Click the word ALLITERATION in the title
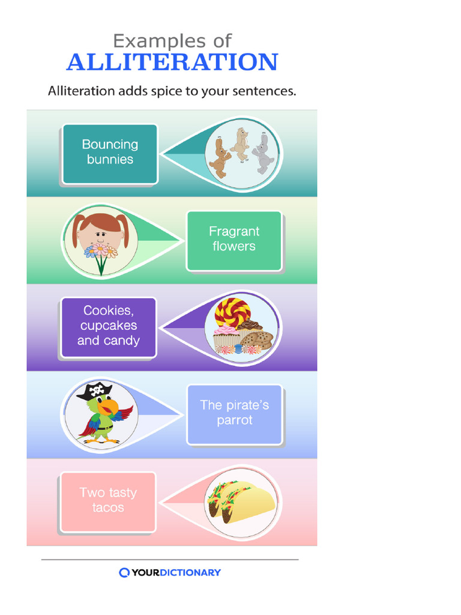click(x=172, y=62)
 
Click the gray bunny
click(x=262, y=154)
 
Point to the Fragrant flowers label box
click(x=234, y=240)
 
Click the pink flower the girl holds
click(x=100, y=249)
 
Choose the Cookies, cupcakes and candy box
click(x=109, y=326)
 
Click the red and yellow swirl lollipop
click(x=232, y=312)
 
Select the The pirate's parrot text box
click(x=234, y=413)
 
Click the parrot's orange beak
click(x=108, y=409)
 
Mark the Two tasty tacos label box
click(x=108, y=501)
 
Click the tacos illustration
click(x=240, y=501)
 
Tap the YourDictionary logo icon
click(x=124, y=572)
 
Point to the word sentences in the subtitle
click(x=266, y=92)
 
